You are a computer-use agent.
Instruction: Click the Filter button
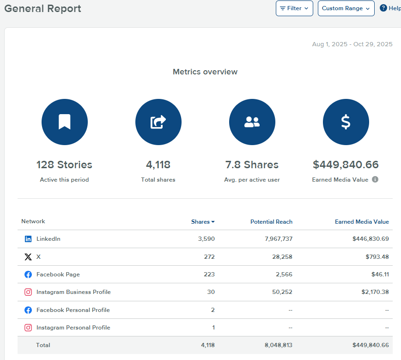click(x=294, y=8)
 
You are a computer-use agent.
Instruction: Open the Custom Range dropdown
click(x=346, y=8)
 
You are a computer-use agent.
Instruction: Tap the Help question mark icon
click(x=383, y=8)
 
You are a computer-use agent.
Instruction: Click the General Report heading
click(x=43, y=8)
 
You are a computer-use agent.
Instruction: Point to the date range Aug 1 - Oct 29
click(x=352, y=44)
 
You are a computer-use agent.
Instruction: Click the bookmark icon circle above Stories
click(x=64, y=122)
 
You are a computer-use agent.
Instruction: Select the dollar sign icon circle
click(x=346, y=122)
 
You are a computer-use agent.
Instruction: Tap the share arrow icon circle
click(x=158, y=122)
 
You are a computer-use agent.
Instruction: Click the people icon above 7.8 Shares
click(x=252, y=122)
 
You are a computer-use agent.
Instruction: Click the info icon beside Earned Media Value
click(x=375, y=179)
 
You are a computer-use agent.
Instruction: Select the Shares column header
click(x=202, y=222)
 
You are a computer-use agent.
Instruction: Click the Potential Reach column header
click(x=271, y=222)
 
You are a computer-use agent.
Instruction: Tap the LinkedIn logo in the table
click(x=28, y=239)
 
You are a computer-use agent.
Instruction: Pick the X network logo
click(x=28, y=257)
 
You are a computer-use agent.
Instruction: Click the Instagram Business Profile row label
click(x=73, y=292)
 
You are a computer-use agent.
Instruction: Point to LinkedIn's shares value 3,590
click(x=206, y=239)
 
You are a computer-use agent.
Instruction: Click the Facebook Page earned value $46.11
click(x=381, y=275)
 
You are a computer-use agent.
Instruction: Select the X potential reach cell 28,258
click(x=282, y=257)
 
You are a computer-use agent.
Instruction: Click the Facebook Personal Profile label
click(x=73, y=310)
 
